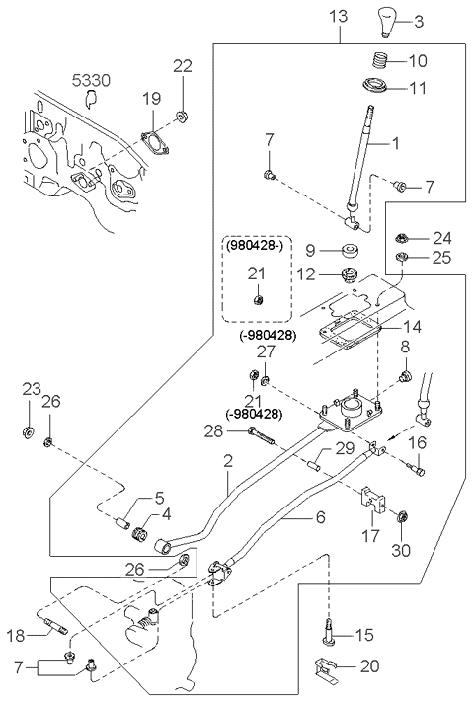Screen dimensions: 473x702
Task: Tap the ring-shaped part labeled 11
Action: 375,85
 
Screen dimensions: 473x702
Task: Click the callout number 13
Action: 339,17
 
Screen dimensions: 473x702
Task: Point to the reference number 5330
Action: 91,81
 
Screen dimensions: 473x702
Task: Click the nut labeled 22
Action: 182,117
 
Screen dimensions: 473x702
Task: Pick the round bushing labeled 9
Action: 350,251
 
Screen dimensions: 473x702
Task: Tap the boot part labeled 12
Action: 348,274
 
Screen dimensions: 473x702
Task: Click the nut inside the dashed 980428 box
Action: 258,300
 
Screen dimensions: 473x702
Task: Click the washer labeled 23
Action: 28,432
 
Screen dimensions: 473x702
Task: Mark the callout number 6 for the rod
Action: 320,517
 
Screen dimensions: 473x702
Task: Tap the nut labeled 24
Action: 401,238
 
